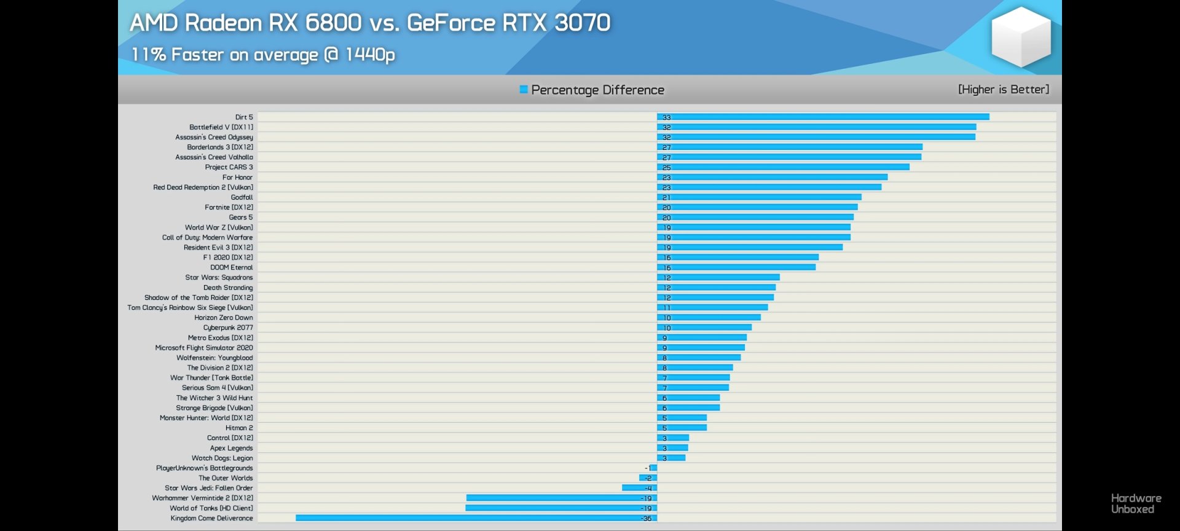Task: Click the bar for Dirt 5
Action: (823, 117)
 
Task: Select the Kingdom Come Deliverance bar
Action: (476, 518)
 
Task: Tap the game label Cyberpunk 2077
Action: (228, 328)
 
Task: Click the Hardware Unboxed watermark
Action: (1136, 503)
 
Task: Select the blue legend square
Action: (524, 90)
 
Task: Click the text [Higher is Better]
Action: (1004, 90)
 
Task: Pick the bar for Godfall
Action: (759, 197)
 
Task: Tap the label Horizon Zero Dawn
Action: (223, 318)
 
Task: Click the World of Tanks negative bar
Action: (561, 508)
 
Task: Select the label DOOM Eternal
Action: (231, 267)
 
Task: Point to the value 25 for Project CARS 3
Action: (666, 167)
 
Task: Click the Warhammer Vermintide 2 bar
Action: (562, 498)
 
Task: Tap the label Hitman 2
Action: (238, 428)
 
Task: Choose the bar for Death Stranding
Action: (716, 288)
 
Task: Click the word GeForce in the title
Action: (450, 23)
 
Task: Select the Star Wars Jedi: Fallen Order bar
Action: (639, 488)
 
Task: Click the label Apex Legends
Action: (231, 448)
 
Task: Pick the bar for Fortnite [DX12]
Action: (757, 207)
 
